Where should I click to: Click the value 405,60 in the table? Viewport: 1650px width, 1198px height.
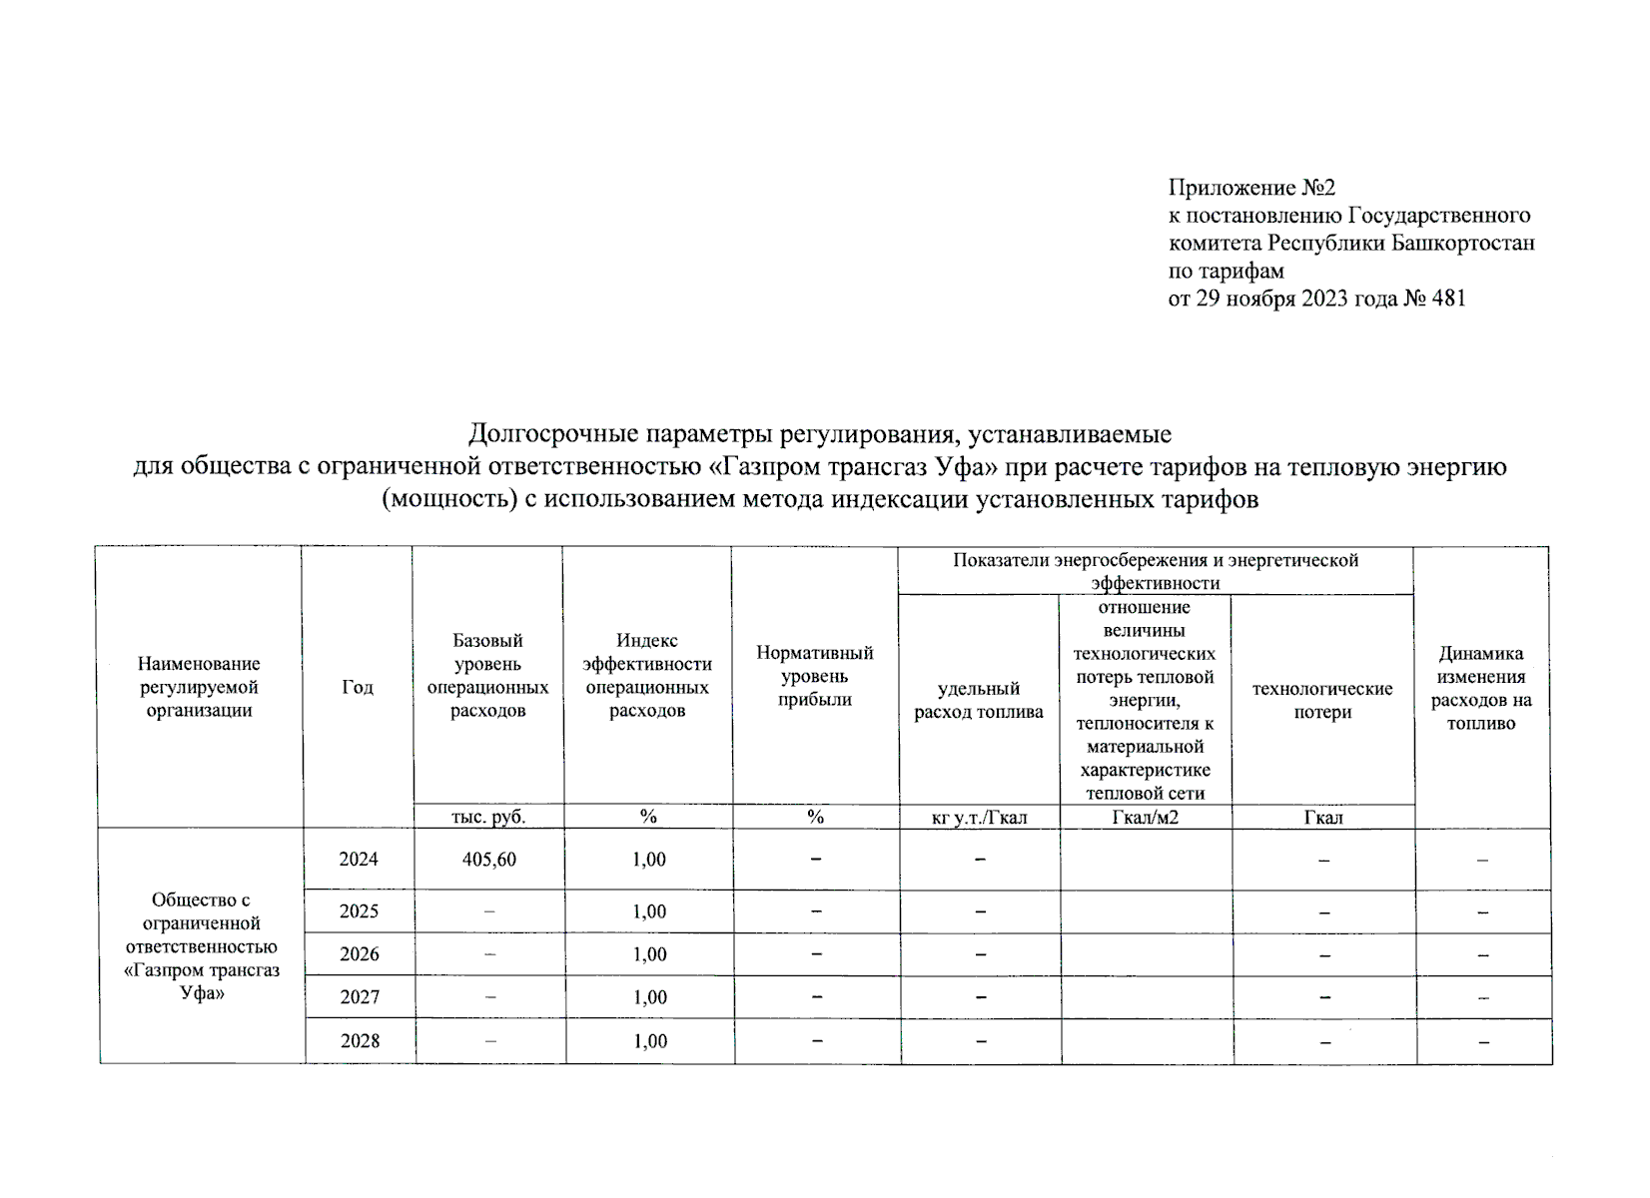point(489,860)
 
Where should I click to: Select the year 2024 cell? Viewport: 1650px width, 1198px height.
point(359,860)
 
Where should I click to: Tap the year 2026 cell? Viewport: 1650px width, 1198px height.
point(359,954)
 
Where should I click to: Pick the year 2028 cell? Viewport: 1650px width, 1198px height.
point(360,1041)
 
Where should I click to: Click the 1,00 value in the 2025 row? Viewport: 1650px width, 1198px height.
point(649,911)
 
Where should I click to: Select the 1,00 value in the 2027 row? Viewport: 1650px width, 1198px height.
point(649,997)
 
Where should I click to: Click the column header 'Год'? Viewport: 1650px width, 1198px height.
point(358,687)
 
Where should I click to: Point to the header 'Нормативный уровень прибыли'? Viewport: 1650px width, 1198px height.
point(815,676)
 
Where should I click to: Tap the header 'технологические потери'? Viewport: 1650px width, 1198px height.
point(1322,700)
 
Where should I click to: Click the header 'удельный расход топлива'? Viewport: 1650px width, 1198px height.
point(979,700)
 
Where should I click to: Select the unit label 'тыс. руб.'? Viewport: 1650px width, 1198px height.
point(488,817)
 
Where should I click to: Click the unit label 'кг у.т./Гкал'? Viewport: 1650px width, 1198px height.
point(979,818)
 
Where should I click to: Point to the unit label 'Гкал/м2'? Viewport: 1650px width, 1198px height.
point(1145,818)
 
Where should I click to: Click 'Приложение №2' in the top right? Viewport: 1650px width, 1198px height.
point(1251,188)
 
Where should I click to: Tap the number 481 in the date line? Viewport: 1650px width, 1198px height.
point(1448,299)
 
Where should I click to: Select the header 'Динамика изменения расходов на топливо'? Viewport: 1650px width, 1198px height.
point(1481,688)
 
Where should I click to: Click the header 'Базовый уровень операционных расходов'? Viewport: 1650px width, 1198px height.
point(487,676)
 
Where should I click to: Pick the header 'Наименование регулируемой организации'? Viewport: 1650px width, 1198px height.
point(199,687)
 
